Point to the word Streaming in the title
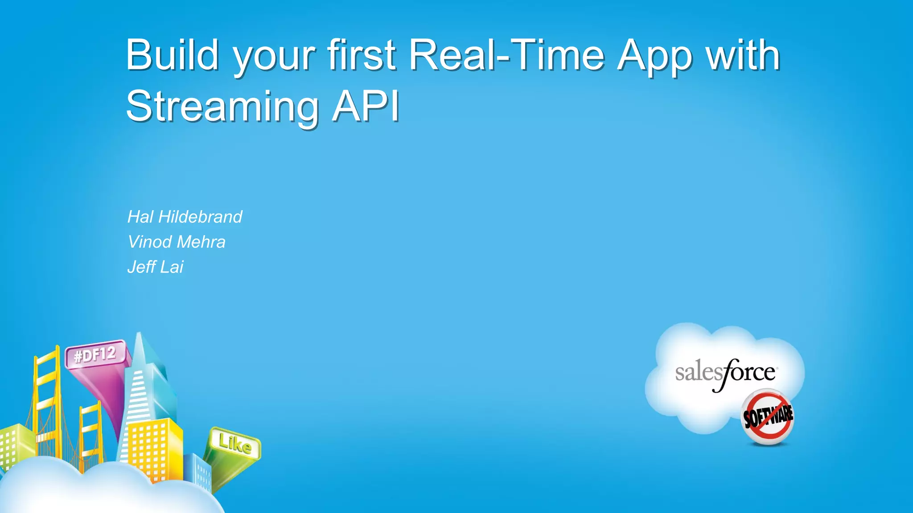coord(222,107)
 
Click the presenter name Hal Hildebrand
coord(185,217)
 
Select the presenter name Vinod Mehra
coord(177,242)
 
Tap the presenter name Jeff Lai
coord(155,267)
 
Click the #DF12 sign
coord(95,355)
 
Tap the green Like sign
coord(235,444)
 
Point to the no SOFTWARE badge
coord(768,417)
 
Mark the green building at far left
coord(13,445)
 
